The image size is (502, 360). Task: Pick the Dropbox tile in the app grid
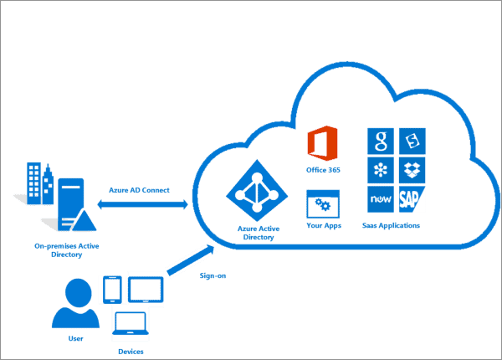click(412, 171)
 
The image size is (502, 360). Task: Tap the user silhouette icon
click(76, 303)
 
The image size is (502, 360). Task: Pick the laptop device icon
click(131, 324)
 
